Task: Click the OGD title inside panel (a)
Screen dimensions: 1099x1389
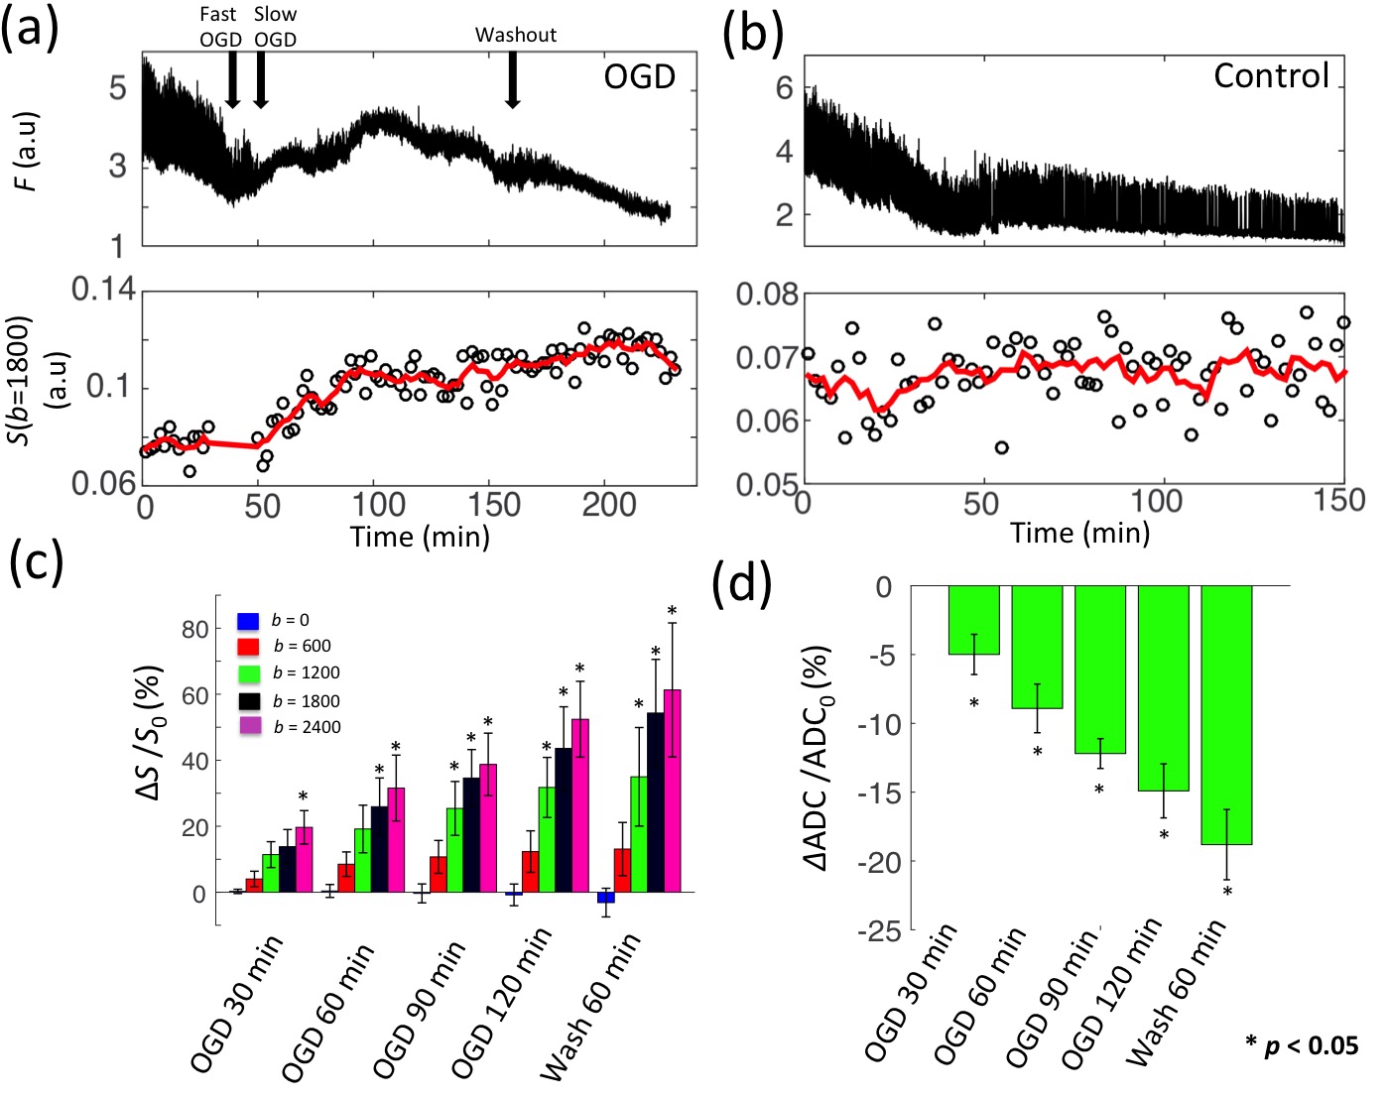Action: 640,76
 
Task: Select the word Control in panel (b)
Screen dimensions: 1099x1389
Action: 1271,75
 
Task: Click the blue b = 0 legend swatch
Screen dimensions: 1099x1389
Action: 248,621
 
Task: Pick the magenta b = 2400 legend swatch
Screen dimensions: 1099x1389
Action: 248,726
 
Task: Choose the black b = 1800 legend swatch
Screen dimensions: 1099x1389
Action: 248,700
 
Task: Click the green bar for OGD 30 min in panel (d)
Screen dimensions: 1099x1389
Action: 973,620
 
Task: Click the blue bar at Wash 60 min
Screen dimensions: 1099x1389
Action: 606,897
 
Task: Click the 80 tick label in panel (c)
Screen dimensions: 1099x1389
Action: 195,629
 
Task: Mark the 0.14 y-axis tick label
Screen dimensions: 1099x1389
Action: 103,290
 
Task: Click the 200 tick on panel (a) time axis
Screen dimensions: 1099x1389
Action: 609,505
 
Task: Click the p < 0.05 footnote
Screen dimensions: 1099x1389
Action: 1302,1044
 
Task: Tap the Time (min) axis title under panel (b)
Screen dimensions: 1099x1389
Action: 1080,534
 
